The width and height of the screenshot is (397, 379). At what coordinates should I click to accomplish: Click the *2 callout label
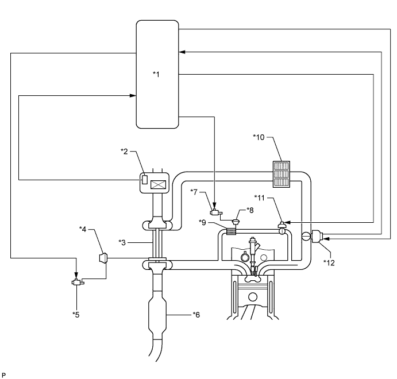click(x=124, y=151)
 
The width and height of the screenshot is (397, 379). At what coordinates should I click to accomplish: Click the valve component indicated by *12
click(x=318, y=235)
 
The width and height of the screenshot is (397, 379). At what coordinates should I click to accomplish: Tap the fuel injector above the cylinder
click(x=251, y=249)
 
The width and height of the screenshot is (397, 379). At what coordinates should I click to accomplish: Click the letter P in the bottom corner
click(x=3, y=374)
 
